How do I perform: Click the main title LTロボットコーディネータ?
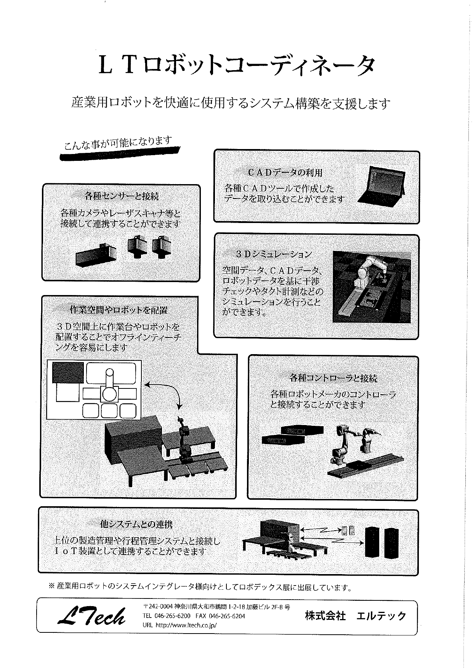click(x=237, y=66)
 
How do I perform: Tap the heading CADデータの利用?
click(x=285, y=173)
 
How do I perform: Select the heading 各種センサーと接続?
click(x=122, y=197)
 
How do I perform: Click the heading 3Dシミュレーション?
click(x=273, y=254)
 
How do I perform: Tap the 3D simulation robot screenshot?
click(x=372, y=287)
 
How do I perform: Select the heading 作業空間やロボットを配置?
click(x=119, y=310)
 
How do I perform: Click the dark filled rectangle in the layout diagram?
click(x=68, y=372)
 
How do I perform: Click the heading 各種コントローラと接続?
click(x=333, y=378)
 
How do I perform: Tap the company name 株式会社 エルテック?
click(x=355, y=616)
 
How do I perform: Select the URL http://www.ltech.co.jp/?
click(x=180, y=626)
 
